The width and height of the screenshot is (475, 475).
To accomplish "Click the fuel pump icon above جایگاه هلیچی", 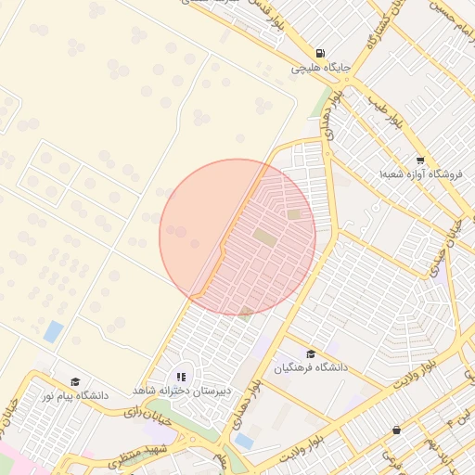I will (x=320, y=53).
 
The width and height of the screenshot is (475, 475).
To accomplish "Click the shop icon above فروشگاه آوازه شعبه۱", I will (x=420, y=160).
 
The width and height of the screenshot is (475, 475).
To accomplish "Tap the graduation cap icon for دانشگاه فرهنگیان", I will (x=310, y=353).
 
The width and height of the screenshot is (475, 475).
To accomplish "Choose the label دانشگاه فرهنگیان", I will (x=310, y=368).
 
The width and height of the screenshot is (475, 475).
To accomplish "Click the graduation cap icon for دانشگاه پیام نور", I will (x=74, y=381).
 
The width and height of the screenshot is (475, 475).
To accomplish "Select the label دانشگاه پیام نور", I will (x=74, y=396).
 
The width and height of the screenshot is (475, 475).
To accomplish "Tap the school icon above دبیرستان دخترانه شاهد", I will (x=181, y=378).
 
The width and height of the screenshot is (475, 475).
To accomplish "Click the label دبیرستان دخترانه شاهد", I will (x=181, y=392).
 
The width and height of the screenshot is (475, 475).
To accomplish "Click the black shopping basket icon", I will (x=397, y=430).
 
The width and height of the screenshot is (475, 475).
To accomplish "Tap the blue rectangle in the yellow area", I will (x=54, y=331).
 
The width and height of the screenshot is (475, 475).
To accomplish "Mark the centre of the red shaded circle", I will (x=237, y=237).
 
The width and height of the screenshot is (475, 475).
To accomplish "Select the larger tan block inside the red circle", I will (x=264, y=238).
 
